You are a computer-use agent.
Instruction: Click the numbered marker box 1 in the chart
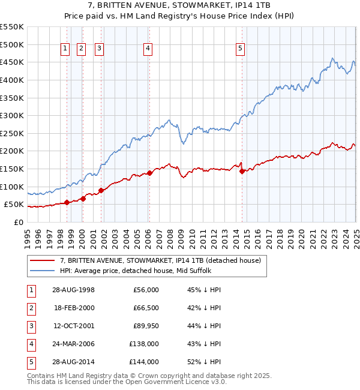coord(65,50)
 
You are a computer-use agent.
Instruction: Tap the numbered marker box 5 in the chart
coord(240,50)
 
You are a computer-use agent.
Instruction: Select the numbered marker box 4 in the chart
coord(148,50)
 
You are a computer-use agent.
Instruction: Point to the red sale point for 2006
coord(149,173)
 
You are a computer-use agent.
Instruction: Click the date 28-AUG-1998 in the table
coord(74,290)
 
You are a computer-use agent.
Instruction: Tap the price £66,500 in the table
coord(145,308)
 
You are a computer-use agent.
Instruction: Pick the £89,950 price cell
coord(145,326)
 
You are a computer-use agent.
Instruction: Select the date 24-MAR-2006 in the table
coord(74,344)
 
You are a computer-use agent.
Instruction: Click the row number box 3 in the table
coord(29,326)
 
